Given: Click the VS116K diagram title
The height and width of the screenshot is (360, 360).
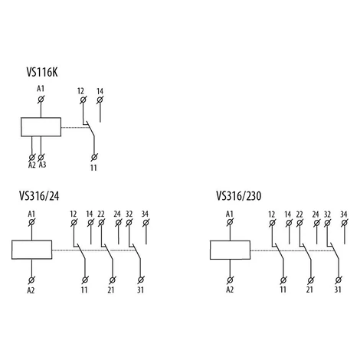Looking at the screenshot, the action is click(x=42, y=72).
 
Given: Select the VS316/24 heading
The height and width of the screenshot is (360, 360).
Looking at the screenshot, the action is click(x=39, y=196).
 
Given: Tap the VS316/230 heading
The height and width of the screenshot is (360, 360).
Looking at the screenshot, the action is click(x=239, y=196).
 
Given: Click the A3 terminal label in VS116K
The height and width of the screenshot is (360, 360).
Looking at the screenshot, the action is click(x=42, y=165).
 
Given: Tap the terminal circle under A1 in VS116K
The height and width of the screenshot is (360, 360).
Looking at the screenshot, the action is click(x=41, y=100).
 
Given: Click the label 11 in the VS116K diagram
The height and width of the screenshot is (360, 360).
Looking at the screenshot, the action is click(x=93, y=168).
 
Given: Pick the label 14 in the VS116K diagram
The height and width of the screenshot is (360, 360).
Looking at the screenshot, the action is click(x=100, y=91).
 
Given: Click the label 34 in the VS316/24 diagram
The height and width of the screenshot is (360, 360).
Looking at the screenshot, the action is click(x=145, y=214).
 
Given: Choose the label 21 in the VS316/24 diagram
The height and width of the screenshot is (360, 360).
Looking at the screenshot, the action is click(x=111, y=290).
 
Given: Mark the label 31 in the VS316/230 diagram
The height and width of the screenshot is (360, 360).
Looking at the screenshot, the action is click(x=338, y=290).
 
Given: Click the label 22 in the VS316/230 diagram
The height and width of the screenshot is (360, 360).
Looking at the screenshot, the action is click(x=299, y=214).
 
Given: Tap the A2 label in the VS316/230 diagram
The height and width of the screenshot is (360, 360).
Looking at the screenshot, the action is click(x=230, y=290).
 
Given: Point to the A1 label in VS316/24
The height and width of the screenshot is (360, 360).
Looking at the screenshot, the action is click(x=31, y=214).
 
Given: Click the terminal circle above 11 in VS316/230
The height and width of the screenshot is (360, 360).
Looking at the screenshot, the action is click(x=283, y=280).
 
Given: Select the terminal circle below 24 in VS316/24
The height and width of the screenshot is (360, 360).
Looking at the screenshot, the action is click(x=118, y=223).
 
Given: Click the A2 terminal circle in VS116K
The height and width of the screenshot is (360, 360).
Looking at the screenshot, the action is click(x=32, y=157).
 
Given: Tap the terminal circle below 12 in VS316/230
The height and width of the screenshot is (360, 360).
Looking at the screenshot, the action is click(x=272, y=223).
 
